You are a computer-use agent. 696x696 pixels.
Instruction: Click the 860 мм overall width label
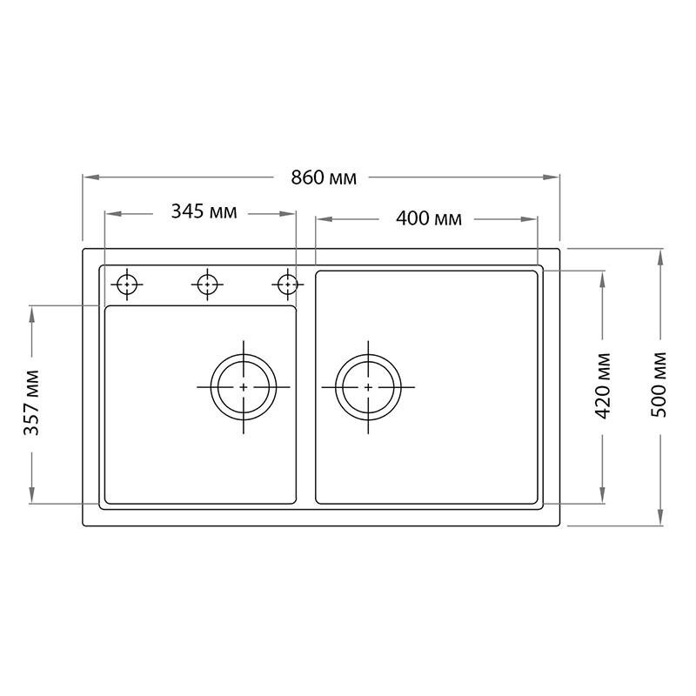(324, 177)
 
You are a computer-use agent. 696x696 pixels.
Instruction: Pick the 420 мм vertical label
(604, 385)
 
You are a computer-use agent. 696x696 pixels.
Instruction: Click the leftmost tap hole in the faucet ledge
(128, 284)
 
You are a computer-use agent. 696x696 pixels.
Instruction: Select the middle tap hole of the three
(207, 284)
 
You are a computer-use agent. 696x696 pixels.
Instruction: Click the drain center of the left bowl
(244, 385)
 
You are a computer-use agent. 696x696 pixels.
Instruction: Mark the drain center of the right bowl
(368, 385)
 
